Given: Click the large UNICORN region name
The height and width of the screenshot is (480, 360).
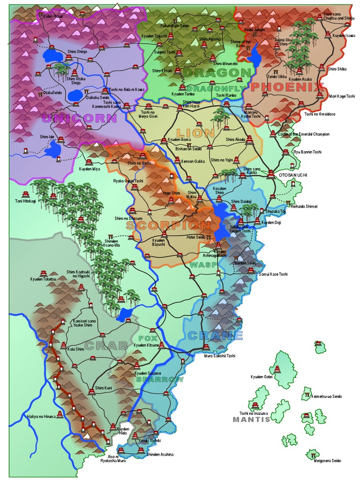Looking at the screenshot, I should click(79, 119).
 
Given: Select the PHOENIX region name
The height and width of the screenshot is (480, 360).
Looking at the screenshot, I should click(287, 87).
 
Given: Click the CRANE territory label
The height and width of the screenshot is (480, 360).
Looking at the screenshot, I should click(215, 336).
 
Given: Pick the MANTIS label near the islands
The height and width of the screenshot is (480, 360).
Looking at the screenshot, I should click(252, 420).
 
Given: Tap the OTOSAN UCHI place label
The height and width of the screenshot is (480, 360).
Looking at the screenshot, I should click(293, 175).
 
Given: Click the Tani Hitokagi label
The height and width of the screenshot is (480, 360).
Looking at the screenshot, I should click(25, 202).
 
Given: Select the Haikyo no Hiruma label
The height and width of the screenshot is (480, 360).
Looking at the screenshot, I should click(42, 416).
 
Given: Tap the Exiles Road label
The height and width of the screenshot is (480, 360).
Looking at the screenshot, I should click(51, 16).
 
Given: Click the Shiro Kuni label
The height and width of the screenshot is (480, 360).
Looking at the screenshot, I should click(104, 388).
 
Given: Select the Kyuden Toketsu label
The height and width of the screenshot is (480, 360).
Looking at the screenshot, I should click(43, 279).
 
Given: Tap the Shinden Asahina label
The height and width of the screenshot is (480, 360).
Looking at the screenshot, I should click(160, 454).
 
